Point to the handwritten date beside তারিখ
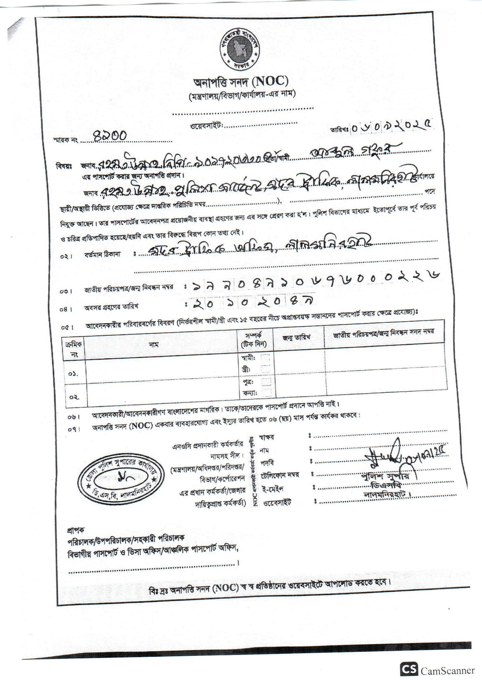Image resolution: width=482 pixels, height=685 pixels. point(393,127)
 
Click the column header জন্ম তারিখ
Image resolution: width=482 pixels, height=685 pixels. point(298,338)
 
